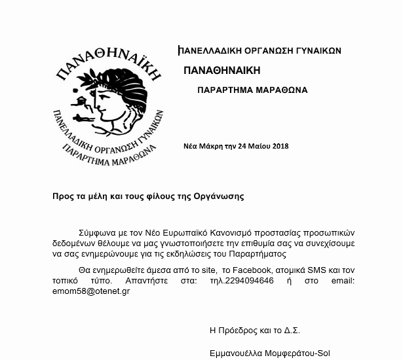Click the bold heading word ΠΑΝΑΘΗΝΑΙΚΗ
click(222, 70)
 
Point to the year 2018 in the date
click(280, 146)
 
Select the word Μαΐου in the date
click(260, 146)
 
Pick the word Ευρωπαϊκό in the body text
click(185, 232)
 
